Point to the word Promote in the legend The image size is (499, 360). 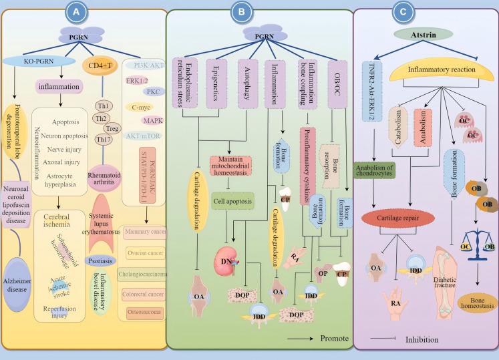click(x=334, y=339)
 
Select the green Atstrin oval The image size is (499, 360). click(x=426, y=33)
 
